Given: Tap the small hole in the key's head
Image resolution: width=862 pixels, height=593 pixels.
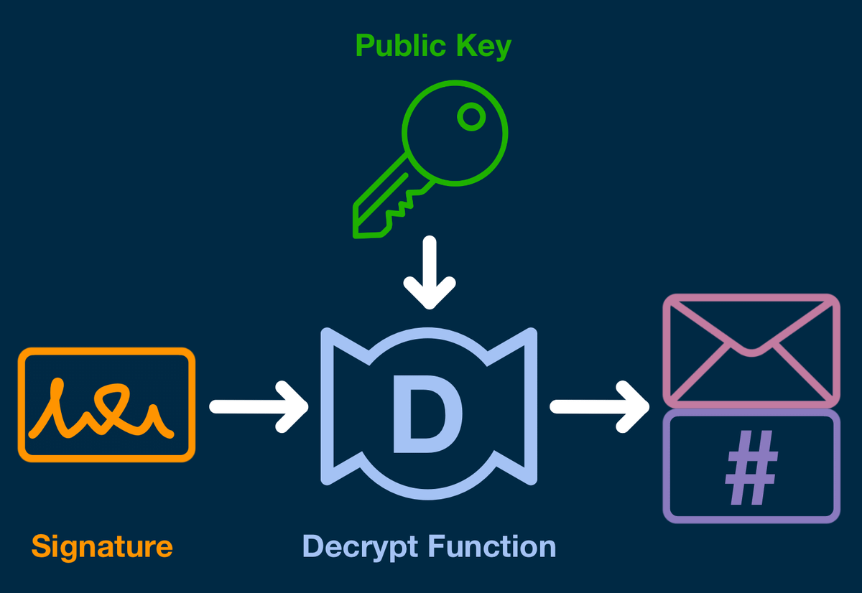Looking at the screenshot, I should click(x=471, y=116).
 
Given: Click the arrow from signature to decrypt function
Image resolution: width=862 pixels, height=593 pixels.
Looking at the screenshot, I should click(x=259, y=406).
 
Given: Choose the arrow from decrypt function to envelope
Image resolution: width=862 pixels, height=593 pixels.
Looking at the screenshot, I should click(x=599, y=406).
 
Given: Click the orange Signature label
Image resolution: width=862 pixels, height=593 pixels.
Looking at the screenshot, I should click(x=102, y=547).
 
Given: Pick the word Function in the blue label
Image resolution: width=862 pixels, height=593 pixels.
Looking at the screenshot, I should click(x=492, y=547).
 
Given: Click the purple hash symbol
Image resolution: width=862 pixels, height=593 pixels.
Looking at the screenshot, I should click(x=751, y=468).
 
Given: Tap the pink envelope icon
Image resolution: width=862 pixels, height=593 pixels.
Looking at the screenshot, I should click(x=751, y=350).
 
